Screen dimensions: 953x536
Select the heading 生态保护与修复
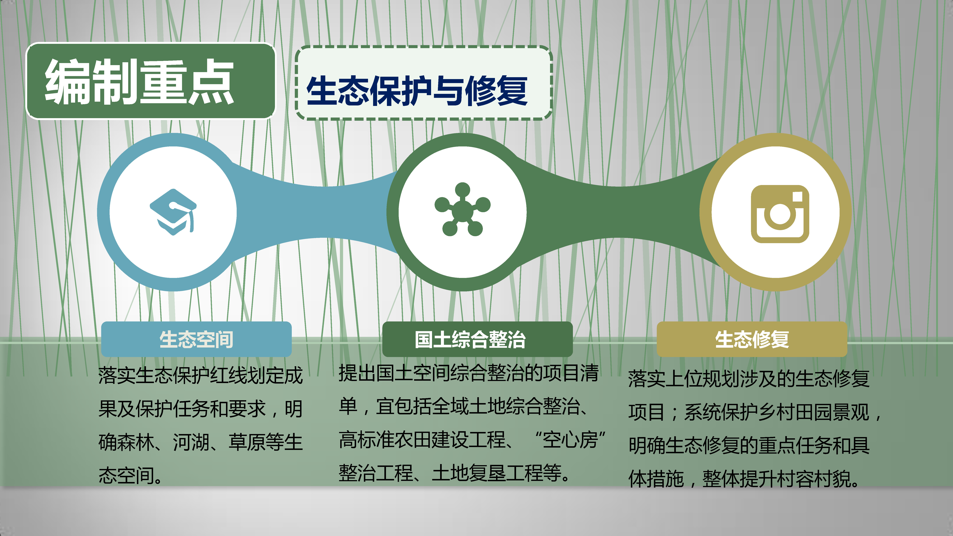417,91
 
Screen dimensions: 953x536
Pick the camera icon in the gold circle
780,214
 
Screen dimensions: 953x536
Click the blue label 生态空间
196,339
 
